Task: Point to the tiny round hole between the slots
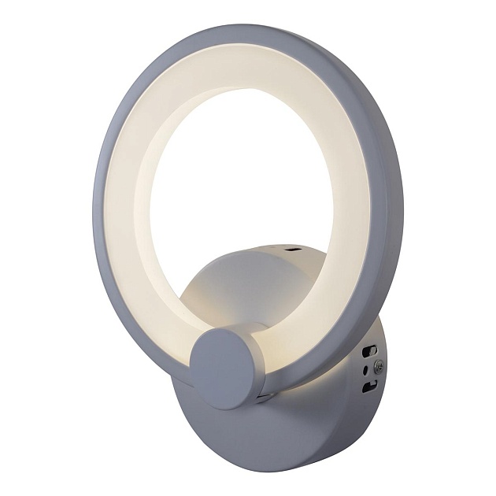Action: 364,368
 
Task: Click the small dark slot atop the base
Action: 294,250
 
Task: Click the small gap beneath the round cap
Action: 264,398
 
